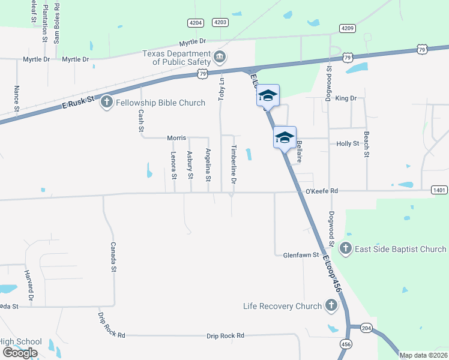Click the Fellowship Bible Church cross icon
coord(107,102)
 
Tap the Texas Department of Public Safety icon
coord(220,57)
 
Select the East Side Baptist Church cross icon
coord(345,248)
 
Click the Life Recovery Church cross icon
coord(330,306)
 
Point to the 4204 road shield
coord(196,22)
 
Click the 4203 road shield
coord(220,22)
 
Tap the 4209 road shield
coord(347,28)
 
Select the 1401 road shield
coord(439,190)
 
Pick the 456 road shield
coord(346,344)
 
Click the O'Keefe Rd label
coord(322,191)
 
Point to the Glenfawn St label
coord(300,255)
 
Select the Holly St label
coord(348,144)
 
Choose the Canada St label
coord(112,257)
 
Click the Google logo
coord(20,353)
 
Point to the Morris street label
coord(176,138)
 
